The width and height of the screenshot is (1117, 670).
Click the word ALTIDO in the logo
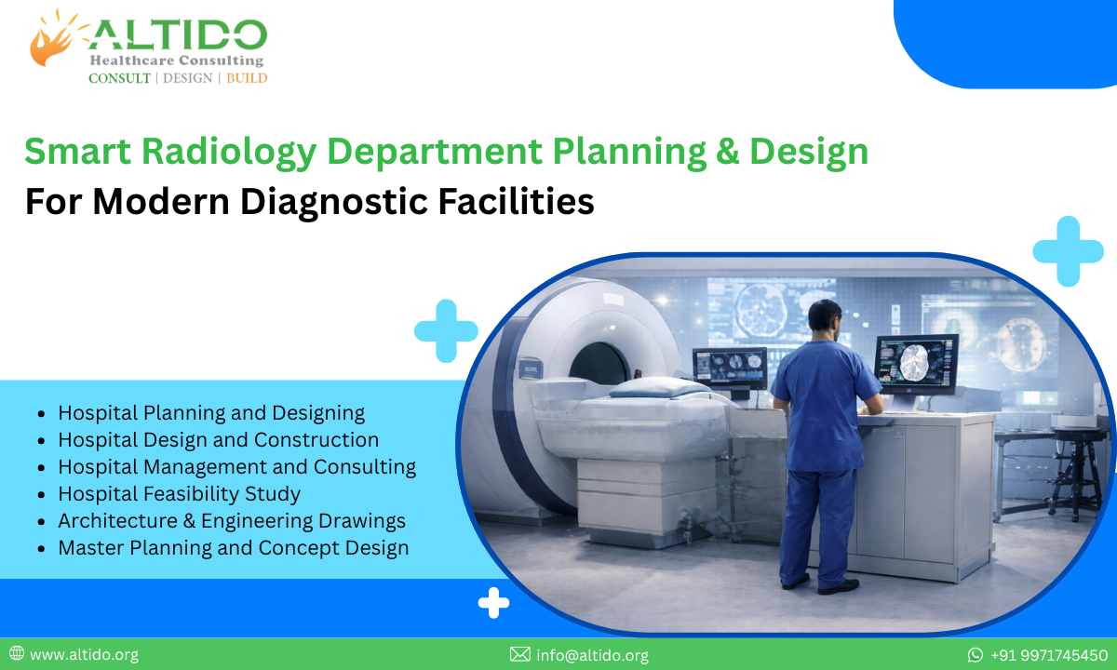tap(177, 34)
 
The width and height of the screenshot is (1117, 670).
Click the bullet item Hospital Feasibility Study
tap(179, 493)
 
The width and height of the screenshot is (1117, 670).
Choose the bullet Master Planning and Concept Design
tap(233, 548)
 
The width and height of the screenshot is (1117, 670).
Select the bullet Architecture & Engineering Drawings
tap(232, 521)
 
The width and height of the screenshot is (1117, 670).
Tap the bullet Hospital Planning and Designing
tap(211, 412)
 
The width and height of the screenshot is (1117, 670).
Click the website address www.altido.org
tap(84, 655)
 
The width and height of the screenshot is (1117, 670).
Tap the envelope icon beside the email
tap(520, 655)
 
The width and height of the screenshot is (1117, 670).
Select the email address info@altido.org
tap(592, 655)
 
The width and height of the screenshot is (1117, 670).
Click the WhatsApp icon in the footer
tap(976, 655)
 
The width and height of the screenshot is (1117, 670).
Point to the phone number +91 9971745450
tap(1049, 655)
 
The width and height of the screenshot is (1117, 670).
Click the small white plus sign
tap(493, 603)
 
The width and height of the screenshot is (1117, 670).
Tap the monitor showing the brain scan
tap(916, 363)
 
